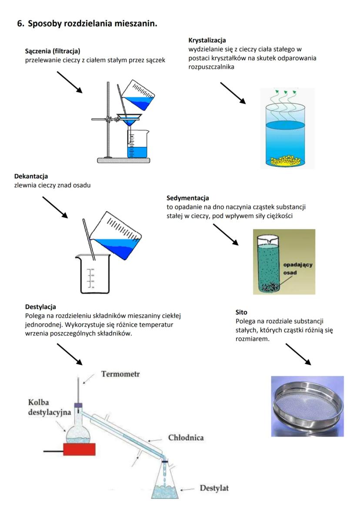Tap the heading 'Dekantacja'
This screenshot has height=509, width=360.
click(x=30, y=176)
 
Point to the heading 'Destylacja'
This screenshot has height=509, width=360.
click(x=41, y=307)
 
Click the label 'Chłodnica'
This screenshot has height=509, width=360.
click(x=185, y=437)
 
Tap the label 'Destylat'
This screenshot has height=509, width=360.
click(x=214, y=487)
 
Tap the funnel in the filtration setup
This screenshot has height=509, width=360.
click(x=130, y=120)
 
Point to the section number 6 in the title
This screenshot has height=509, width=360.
click(x=20, y=24)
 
